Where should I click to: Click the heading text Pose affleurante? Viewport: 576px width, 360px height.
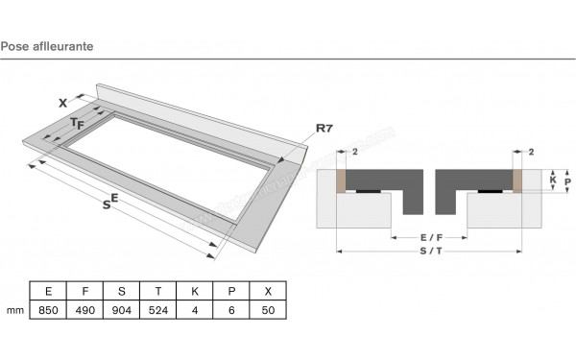click(x=47, y=45)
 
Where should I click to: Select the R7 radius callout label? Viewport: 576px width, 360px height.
click(x=324, y=127)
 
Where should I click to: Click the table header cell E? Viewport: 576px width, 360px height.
click(x=46, y=291)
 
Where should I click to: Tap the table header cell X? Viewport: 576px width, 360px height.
click(x=268, y=291)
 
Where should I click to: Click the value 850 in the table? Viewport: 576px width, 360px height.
click(x=46, y=311)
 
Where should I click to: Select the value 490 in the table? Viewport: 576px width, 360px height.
click(x=84, y=311)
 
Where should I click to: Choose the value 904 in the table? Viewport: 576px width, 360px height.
click(x=120, y=311)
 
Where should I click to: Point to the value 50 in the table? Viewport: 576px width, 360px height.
click(x=268, y=311)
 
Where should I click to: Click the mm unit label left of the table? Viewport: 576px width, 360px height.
click(x=13, y=311)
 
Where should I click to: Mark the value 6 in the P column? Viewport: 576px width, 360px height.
click(x=231, y=311)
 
